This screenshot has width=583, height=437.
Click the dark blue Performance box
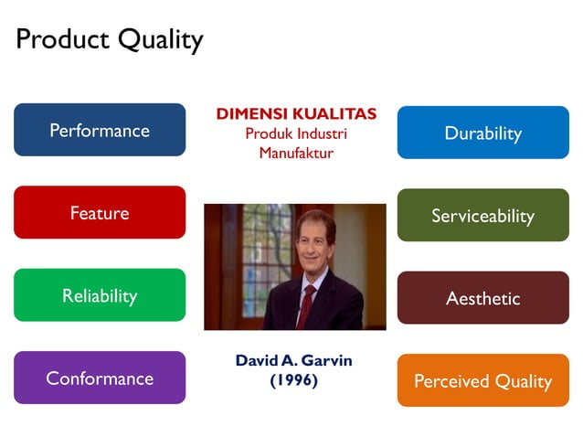click(x=100, y=130)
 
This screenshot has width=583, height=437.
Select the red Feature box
click(x=100, y=213)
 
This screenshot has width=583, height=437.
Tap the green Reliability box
click(x=100, y=295)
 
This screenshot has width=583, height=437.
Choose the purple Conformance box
click(x=100, y=378)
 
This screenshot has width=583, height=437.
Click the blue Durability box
click(x=482, y=133)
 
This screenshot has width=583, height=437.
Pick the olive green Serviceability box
click(x=482, y=216)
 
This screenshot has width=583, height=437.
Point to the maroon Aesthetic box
click(x=482, y=298)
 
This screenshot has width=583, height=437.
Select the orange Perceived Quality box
click(x=482, y=380)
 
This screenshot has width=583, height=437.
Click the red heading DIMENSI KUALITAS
click(x=296, y=114)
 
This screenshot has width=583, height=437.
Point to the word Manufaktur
click(x=296, y=153)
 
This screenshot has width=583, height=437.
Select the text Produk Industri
click(x=296, y=133)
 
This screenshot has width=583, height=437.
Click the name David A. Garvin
click(x=293, y=360)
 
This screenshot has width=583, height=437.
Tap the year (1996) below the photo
click(x=293, y=380)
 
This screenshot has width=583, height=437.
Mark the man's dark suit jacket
click(x=334, y=306)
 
